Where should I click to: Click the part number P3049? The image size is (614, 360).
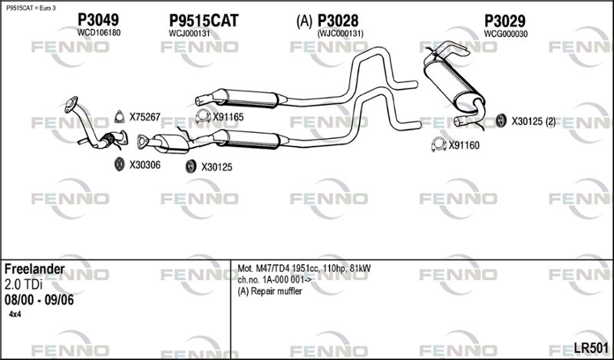pyautogui.click(x=98, y=20)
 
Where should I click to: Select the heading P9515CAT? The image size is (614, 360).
pyautogui.click(x=203, y=21)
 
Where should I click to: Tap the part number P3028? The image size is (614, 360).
pyautogui.click(x=338, y=21)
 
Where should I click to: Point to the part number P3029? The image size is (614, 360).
pyautogui.click(x=505, y=21)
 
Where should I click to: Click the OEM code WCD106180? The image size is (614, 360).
pyautogui.click(x=99, y=33)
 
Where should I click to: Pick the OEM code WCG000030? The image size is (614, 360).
pyautogui.click(x=506, y=34)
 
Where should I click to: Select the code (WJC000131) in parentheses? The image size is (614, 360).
pyautogui.click(x=340, y=34)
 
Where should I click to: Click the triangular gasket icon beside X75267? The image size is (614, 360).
pyautogui.click(x=119, y=117)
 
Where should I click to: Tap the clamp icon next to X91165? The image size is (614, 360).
pyautogui.click(x=203, y=116)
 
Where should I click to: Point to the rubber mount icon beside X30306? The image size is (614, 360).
pyautogui.click(x=120, y=164)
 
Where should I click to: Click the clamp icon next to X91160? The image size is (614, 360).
pyautogui.click(x=439, y=144)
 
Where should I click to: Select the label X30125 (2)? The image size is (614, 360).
pyautogui.click(x=533, y=122)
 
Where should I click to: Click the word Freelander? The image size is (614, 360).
pyautogui.click(x=35, y=269)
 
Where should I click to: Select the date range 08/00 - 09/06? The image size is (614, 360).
pyautogui.click(x=39, y=300)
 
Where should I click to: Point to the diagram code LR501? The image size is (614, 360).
pyautogui.click(x=591, y=348)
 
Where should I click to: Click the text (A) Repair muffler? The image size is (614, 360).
pyautogui.click(x=270, y=292)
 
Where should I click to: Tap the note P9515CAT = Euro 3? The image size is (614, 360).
pyautogui.click(x=31, y=8)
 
